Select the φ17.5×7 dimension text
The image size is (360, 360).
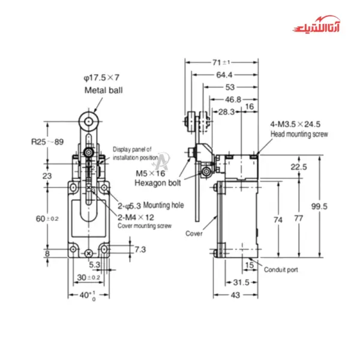pyautogui.click(x=102, y=78)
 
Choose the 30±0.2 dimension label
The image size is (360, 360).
pyautogui.click(x=89, y=277)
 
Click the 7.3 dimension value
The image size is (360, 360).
pyautogui.click(x=139, y=248)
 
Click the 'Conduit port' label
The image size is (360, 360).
pyautogui.click(x=281, y=269)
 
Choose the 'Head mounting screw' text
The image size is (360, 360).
pyautogui.click(x=299, y=135)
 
